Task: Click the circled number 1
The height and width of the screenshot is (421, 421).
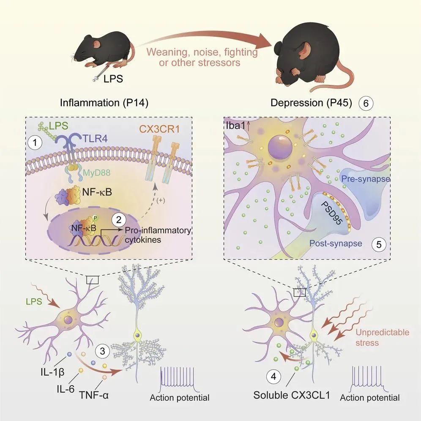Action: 35,143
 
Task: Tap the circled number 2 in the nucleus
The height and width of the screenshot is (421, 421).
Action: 119,219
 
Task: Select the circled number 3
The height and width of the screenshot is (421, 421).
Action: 102,351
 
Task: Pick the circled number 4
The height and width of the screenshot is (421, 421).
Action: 273,377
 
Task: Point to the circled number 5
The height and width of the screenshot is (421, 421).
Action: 379,244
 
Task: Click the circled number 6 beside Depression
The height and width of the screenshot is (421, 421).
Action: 366,104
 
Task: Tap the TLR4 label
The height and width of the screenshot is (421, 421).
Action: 95,139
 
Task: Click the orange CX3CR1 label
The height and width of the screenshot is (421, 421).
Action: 159,129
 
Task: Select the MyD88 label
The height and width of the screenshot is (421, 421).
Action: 97,172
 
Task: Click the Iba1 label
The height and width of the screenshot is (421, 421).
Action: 235,126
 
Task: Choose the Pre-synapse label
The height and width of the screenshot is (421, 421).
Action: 366,179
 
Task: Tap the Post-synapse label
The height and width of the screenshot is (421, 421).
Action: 336,243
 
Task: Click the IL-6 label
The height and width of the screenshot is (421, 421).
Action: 66,388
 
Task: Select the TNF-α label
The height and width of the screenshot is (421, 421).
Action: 94,395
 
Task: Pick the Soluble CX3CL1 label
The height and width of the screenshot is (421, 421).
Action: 292,395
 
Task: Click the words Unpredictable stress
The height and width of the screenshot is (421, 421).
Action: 383,337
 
